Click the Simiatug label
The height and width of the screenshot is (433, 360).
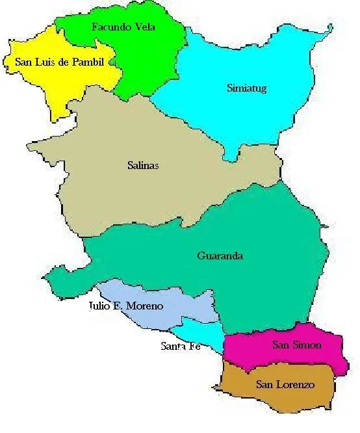247,88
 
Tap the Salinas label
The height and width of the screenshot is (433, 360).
143,165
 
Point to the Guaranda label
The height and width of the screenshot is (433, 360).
220,256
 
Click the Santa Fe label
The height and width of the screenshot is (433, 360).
180,347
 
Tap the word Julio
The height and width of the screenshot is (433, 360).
101,306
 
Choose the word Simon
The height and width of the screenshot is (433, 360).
306,345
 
